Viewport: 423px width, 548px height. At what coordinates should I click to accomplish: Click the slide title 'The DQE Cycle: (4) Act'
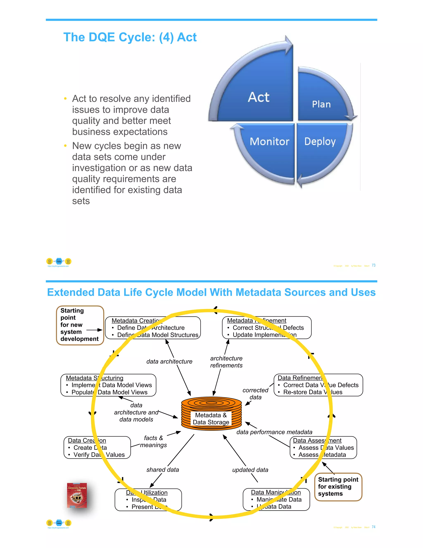130,37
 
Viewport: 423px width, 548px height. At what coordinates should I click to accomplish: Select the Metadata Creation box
153,328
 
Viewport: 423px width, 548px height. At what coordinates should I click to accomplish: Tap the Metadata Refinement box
267,328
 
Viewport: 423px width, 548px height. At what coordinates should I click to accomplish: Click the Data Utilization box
148,500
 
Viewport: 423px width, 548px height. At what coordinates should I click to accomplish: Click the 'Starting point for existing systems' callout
338,487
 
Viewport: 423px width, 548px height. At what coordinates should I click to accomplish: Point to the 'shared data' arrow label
163,470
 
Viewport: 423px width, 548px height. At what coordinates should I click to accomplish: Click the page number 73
373,265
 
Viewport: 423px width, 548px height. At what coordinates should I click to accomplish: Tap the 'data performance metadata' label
274,432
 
